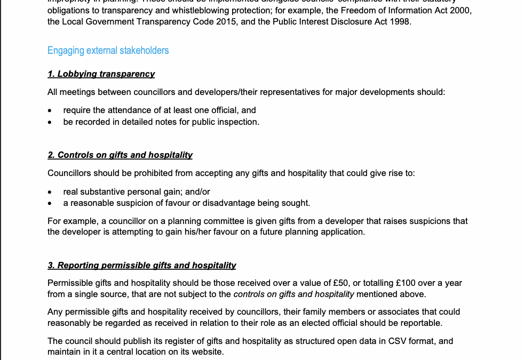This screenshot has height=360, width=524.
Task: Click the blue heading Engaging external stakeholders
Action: point(108,51)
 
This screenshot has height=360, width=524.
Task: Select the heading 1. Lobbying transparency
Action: point(101,74)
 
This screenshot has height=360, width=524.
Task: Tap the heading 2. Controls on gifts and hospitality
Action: point(120,155)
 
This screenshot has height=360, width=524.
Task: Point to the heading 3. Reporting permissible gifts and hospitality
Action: point(141,265)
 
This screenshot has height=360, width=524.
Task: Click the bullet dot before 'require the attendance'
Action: point(50,110)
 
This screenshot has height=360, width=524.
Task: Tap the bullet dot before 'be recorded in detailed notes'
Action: point(50,122)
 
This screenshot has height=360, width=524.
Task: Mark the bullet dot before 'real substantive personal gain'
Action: point(50,192)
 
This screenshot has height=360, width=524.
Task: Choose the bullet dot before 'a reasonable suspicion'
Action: point(50,203)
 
